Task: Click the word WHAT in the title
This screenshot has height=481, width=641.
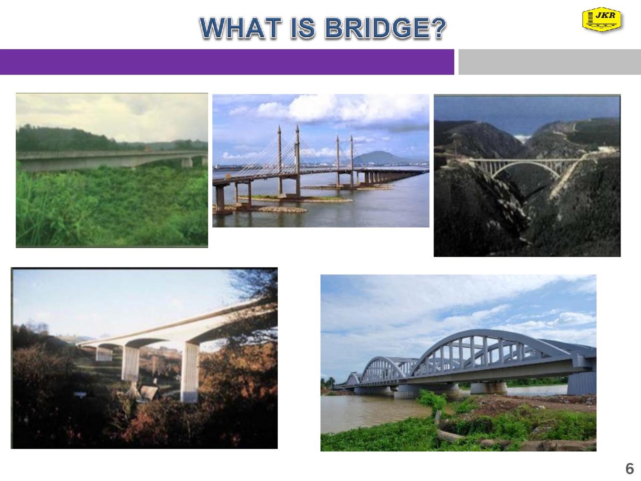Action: coord(241,28)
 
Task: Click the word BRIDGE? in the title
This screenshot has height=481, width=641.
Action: coord(386,28)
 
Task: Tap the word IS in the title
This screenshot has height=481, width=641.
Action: coord(303,28)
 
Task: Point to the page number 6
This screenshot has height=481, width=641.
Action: coord(630,469)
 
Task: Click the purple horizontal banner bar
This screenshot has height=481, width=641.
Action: coord(227,62)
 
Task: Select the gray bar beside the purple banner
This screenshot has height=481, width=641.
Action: coord(550,62)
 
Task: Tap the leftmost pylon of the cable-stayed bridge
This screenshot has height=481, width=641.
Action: coord(280,161)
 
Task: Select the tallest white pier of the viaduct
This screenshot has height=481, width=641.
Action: coord(189,372)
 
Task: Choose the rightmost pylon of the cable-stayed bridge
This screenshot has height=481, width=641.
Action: coord(352,161)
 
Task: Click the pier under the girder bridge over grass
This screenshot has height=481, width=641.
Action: coord(187,162)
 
